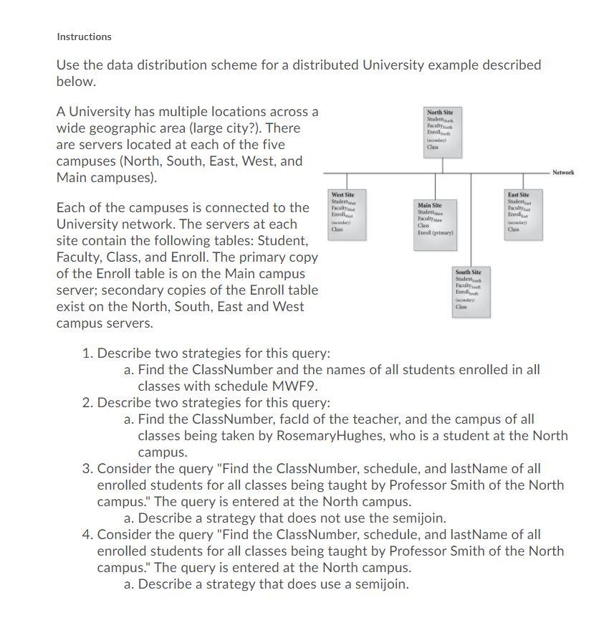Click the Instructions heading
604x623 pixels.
(x=84, y=37)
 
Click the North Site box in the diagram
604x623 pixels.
(x=444, y=130)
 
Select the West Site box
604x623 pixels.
(x=347, y=212)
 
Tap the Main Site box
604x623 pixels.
(x=436, y=220)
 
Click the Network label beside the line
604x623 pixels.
(x=562, y=173)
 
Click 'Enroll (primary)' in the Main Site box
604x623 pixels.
(x=435, y=233)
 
